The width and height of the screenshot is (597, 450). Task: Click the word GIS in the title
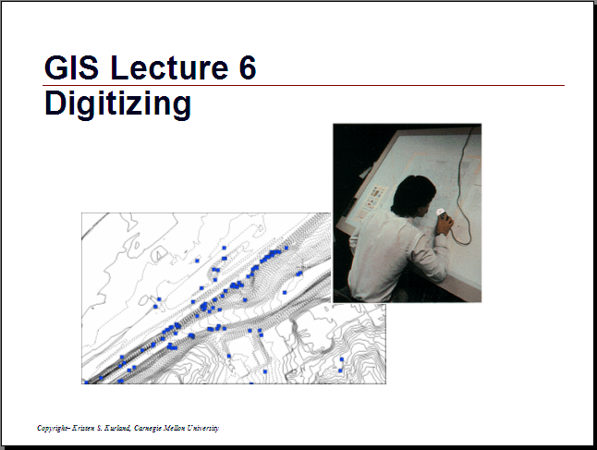[x=71, y=67]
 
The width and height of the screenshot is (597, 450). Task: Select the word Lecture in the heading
[x=169, y=67]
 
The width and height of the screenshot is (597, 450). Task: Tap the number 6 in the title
[x=248, y=67]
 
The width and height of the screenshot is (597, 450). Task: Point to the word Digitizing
[x=117, y=103]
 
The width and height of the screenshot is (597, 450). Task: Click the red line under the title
[x=303, y=85]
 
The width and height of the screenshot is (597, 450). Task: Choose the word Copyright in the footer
[x=53, y=429]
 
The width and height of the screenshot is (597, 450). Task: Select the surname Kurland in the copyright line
[x=118, y=428]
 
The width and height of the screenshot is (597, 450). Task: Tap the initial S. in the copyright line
[x=100, y=428]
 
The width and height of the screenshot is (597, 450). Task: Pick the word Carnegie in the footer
[x=148, y=429]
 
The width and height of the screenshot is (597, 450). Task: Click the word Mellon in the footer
[x=175, y=428]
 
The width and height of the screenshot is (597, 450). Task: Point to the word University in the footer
[x=203, y=429]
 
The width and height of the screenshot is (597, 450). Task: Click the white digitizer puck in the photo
[x=441, y=212]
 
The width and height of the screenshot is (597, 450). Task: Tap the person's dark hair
[x=412, y=194]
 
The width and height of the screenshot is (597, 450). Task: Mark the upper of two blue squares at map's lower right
[x=342, y=359]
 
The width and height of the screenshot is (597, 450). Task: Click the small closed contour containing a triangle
[x=160, y=254]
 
